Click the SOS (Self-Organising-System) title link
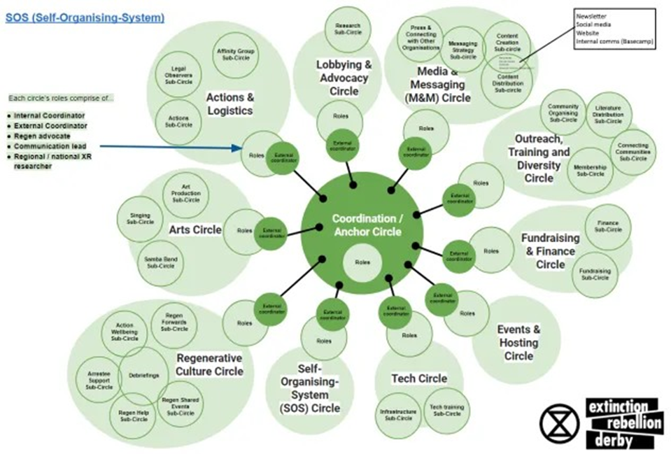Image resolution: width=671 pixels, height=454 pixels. click(85, 16)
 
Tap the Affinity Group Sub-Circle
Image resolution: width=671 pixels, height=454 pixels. click(235, 53)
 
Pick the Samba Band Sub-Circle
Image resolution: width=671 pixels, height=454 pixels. click(160, 262)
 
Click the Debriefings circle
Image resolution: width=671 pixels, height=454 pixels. click(144, 376)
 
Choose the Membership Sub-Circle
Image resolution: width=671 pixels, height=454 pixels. click(589, 170)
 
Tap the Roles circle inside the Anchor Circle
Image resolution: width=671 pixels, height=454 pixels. click(362, 262)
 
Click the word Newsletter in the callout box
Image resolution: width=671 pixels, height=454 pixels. click(591, 15)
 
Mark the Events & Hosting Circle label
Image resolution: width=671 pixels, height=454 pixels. click(518, 342)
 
